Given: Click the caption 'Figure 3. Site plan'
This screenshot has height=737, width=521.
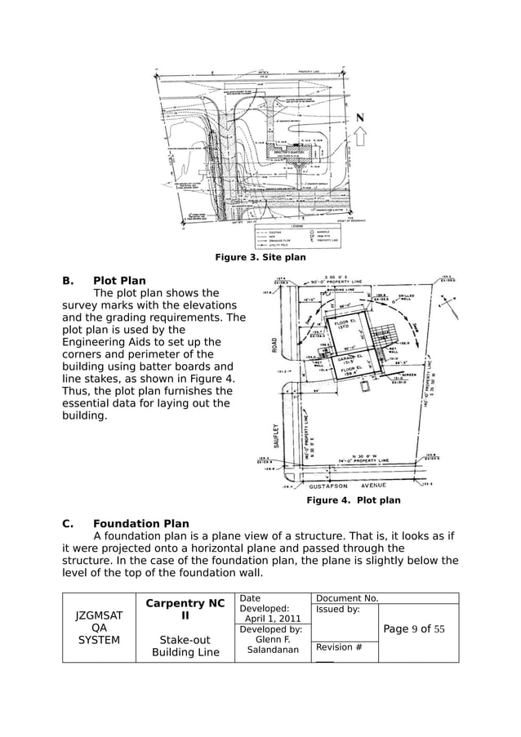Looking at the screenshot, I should pyautogui.click(x=260, y=258).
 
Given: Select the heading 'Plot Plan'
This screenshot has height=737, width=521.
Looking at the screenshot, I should pyautogui.click(x=119, y=281).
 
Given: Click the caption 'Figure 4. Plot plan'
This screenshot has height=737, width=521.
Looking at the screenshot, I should pyautogui.click(x=353, y=500).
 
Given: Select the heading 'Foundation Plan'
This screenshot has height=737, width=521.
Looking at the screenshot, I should pyautogui.click(x=140, y=524).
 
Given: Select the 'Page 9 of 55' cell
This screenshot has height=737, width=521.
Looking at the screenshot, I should pyautogui.click(x=415, y=629).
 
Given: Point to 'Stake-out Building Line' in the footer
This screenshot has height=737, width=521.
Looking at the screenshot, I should pyautogui.click(x=185, y=646).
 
